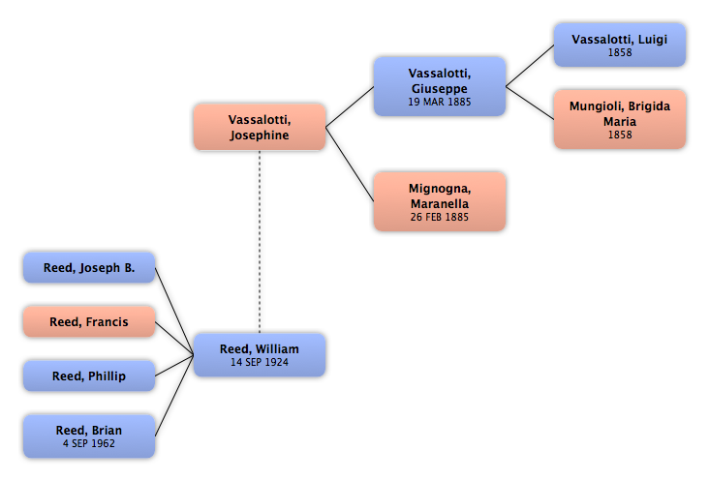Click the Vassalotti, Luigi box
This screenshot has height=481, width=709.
point(620,45)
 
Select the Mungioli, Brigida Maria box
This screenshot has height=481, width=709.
point(620,119)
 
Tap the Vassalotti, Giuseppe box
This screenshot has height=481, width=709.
point(440,87)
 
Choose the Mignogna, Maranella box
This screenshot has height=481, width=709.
point(440,201)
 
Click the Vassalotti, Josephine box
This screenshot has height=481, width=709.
point(260,127)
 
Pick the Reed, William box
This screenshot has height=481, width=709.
point(260,355)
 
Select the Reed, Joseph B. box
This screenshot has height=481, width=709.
point(89,268)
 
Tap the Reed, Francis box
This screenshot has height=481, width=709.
point(89,321)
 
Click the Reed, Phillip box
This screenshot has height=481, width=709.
point(89,376)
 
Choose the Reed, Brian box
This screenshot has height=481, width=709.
point(89,436)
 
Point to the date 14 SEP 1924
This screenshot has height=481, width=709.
point(260,362)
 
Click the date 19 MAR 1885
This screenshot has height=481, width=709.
point(440,102)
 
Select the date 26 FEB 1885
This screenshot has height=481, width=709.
point(440,217)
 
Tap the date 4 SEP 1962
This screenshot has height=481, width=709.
point(89,443)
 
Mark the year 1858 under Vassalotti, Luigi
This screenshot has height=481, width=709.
point(620,52)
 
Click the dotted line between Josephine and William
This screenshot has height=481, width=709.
point(260,242)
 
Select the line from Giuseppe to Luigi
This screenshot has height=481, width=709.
point(530,66)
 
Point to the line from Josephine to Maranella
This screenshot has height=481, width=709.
point(350,165)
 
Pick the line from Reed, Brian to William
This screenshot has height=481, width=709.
point(174,396)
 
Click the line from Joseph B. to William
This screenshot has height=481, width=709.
point(174,312)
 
